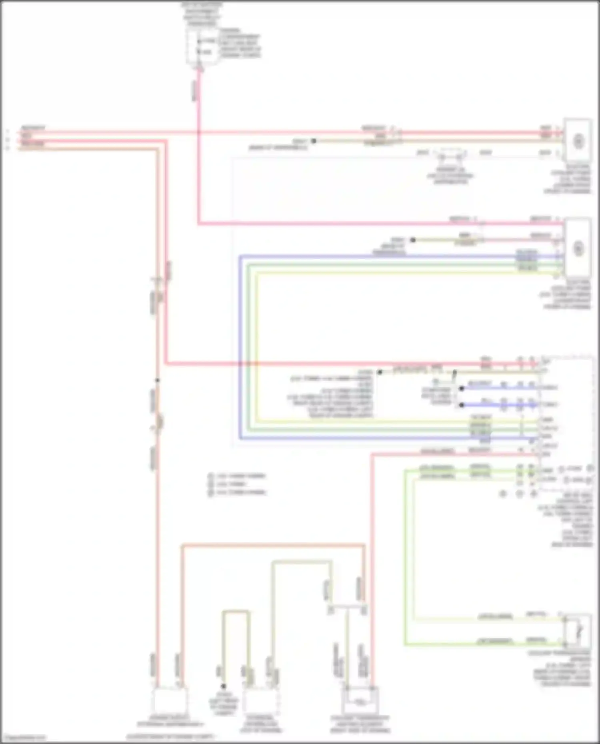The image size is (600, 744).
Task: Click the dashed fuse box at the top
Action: [x=202, y=46]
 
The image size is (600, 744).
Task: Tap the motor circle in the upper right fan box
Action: [x=578, y=141]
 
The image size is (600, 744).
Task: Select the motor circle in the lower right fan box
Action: [x=578, y=248]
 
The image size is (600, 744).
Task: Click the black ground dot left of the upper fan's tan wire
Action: [x=314, y=141]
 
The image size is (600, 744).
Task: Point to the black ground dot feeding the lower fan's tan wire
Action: [x=413, y=240]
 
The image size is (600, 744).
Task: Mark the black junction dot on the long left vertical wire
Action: [x=158, y=380]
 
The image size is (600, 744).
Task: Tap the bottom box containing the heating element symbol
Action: [x=360, y=700]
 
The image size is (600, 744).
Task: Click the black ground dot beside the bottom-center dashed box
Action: [x=224, y=686]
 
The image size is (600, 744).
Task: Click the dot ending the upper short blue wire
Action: [x=462, y=388]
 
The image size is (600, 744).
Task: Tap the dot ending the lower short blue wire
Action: [x=462, y=405]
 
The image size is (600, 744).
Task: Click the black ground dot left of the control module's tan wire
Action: [x=380, y=372]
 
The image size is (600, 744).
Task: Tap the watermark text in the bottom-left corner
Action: [x=23, y=737]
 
